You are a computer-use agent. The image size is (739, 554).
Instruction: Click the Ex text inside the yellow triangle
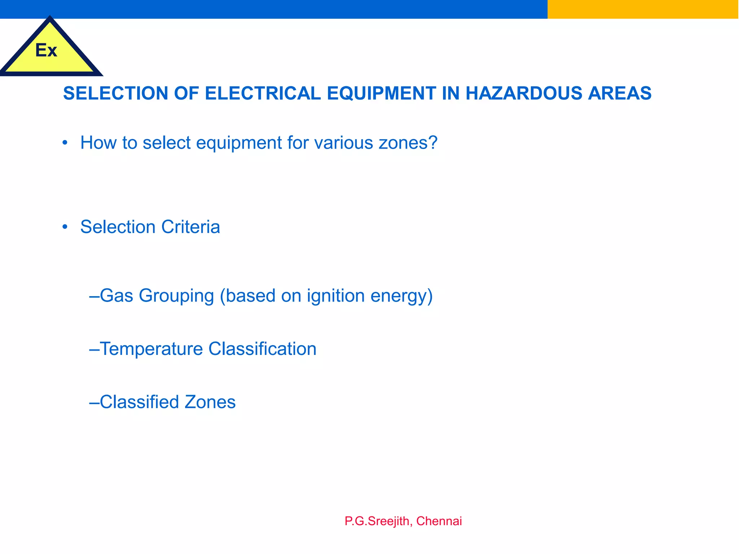[46, 50]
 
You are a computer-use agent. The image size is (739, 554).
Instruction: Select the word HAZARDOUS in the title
[524, 93]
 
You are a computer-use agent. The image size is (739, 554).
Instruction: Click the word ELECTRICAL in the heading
[263, 93]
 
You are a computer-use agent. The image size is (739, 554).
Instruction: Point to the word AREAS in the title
[620, 93]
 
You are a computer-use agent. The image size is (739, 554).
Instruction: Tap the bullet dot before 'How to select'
[65, 143]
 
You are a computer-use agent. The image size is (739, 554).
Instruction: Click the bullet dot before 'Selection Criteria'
[65, 227]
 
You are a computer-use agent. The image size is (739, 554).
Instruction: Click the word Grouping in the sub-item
[176, 296]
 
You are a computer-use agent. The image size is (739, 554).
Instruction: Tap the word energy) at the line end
[402, 296]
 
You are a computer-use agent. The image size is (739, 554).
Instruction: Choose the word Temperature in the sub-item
[151, 349]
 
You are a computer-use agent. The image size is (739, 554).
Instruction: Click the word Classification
[262, 349]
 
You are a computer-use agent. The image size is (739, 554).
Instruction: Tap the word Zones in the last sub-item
[210, 402]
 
